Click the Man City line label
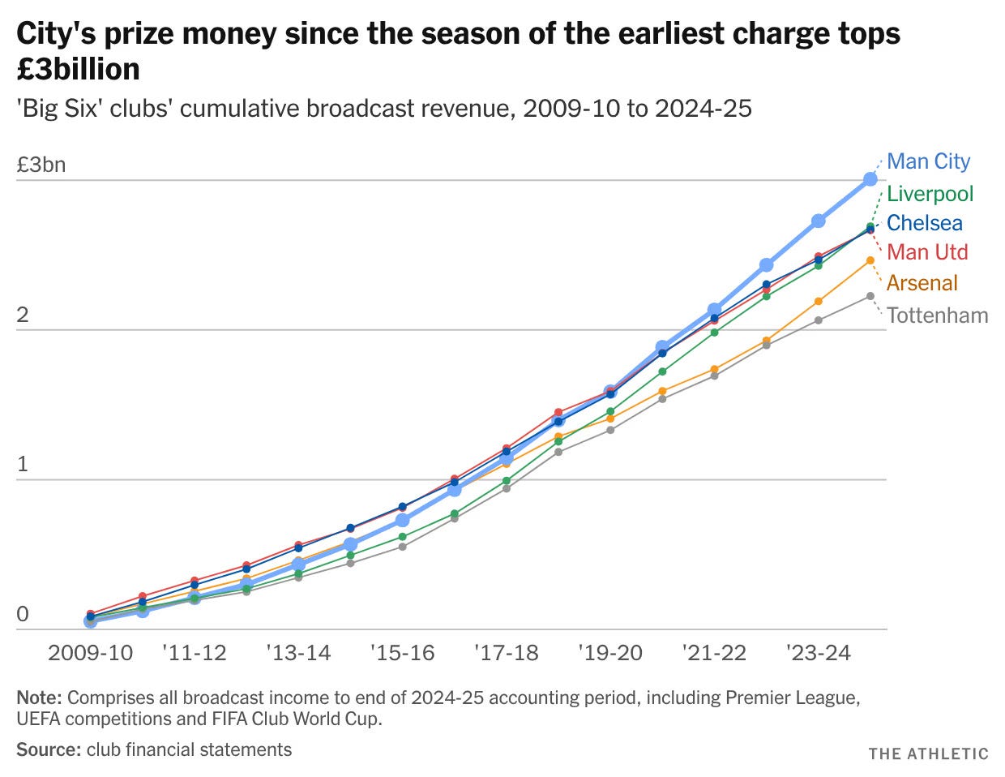coord(928,161)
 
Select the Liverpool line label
coord(930,194)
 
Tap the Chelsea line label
coord(924,223)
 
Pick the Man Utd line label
coord(927,252)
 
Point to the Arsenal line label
coord(922,283)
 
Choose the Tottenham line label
coord(938,316)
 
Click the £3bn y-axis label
coord(41,165)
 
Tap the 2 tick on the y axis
coord(23,316)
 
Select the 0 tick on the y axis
coord(23,614)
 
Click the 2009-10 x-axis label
coord(90,654)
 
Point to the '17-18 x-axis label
coord(507,654)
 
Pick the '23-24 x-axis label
coord(818,654)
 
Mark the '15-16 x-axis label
coord(402,654)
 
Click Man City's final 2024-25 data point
coord(870,179)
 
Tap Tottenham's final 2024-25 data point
coord(870,296)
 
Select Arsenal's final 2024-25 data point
coord(870,261)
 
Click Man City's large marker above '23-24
coord(818,221)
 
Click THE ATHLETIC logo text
coord(928,753)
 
